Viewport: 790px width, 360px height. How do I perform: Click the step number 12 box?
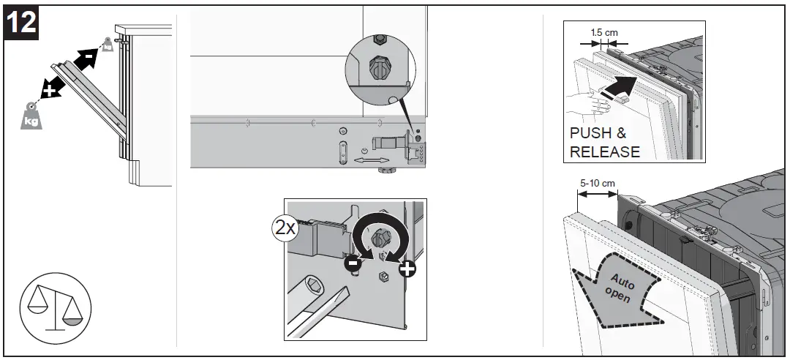click(x=22, y=22)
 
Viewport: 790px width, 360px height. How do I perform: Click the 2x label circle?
click(x=283, y=227)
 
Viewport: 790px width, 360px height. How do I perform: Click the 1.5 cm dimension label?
click(x=603, y=32)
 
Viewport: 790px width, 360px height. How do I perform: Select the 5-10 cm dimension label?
click(x=596, y=182)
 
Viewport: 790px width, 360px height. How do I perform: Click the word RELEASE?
click(x=604, y=151)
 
